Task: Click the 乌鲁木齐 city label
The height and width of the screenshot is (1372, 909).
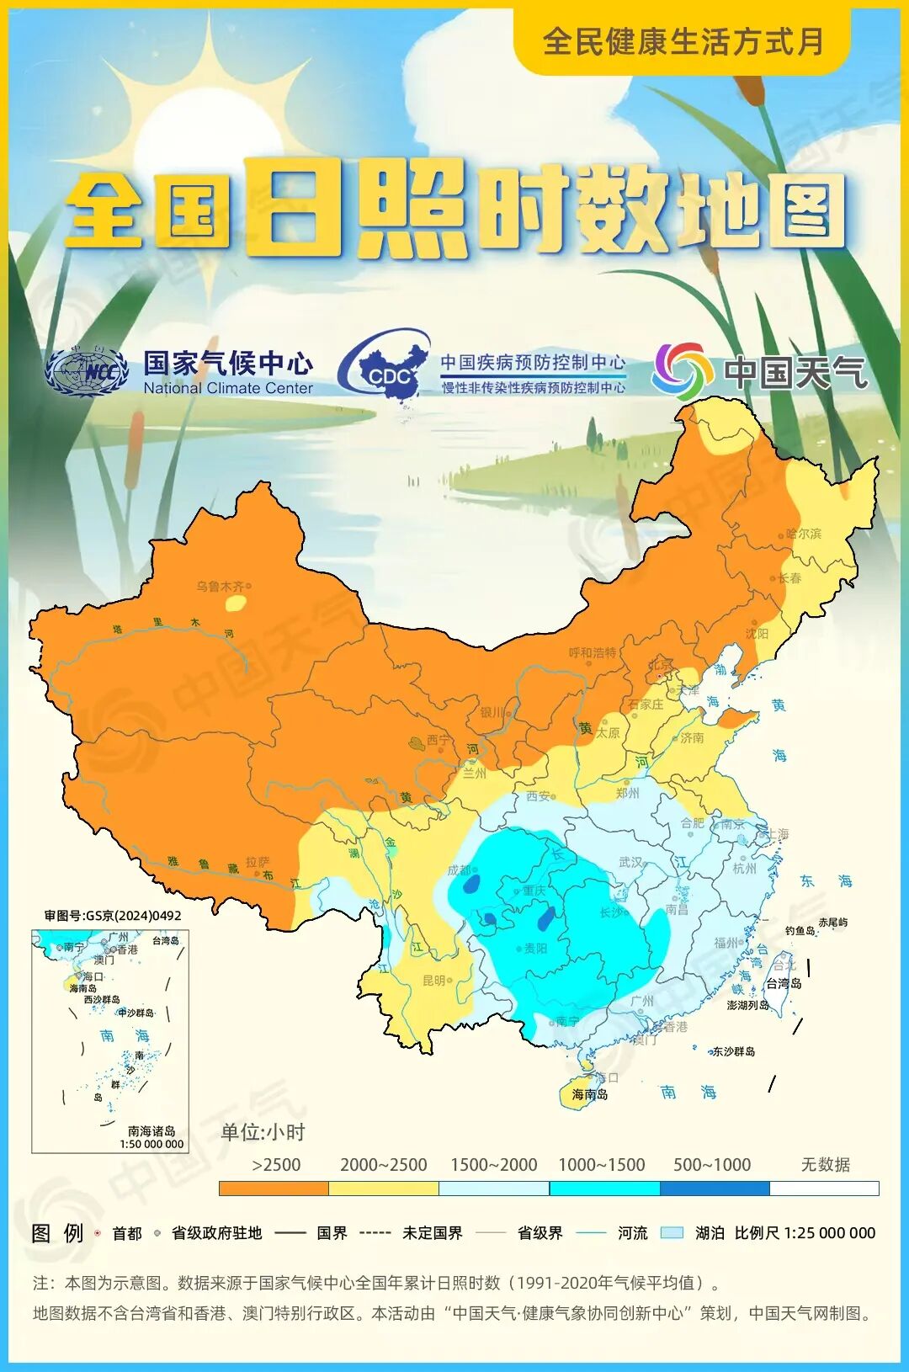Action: click(220, 586)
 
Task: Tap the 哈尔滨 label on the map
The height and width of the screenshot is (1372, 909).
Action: click(803, 534)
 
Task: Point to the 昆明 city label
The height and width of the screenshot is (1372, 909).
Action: click(433, 981)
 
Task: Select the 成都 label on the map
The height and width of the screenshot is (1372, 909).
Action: click(459, 870)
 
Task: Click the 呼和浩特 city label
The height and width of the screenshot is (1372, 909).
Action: click(592, 652)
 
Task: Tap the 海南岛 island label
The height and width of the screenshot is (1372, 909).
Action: click(589, 1094)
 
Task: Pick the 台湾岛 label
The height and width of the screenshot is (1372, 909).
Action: click(784, 983)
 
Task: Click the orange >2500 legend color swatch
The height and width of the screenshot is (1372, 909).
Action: click(274, 1189)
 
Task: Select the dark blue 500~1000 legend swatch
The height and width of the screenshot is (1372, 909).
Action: click(714, 1189)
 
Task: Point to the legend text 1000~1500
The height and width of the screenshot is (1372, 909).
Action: click(601, 1165)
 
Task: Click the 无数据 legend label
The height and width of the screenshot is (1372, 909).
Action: click(825, 1165)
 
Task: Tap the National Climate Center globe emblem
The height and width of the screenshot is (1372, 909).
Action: click(87, 371)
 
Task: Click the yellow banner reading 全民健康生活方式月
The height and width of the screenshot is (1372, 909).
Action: click(683, 41)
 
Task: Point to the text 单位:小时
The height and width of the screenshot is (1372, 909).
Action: click(263, 1132)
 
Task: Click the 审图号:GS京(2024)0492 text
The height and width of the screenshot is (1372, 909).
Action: click(113, 916)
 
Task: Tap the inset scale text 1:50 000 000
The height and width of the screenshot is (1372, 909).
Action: click(151, 1144)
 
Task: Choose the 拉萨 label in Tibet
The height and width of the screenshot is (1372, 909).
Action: click(258, 862)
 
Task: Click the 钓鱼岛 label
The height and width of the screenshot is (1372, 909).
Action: click(800, 930)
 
